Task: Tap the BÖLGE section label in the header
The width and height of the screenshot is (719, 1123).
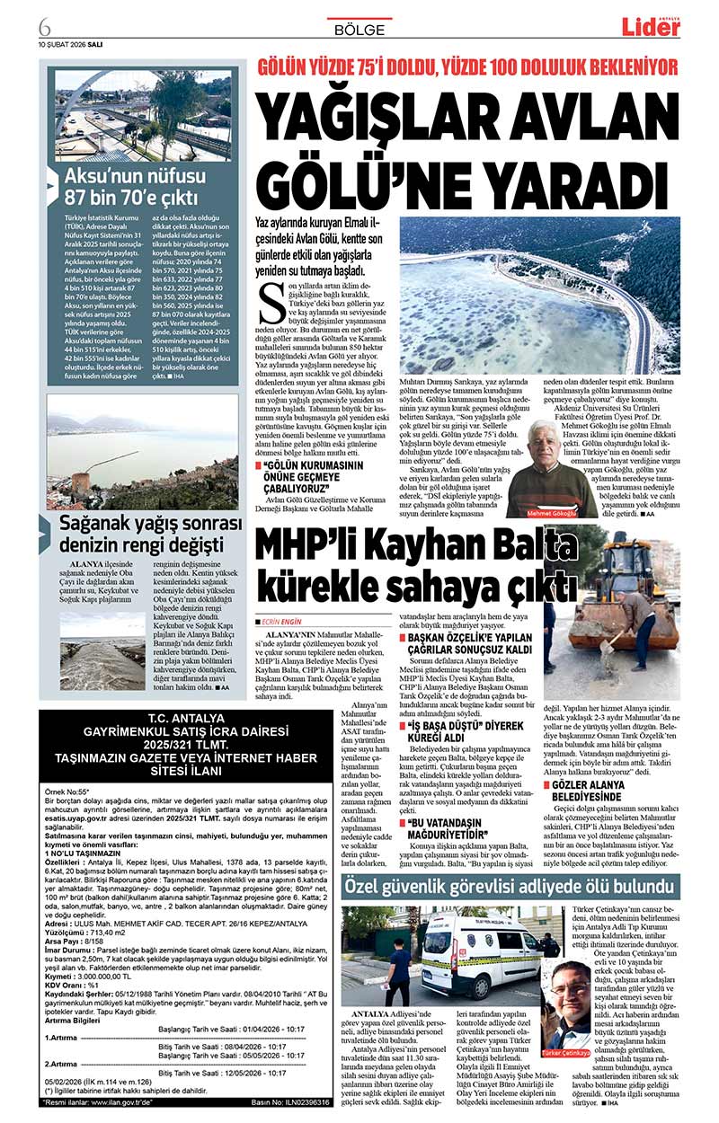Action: (x=359, y=30)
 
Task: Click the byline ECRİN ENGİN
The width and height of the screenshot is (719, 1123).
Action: (x=283, y=621)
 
